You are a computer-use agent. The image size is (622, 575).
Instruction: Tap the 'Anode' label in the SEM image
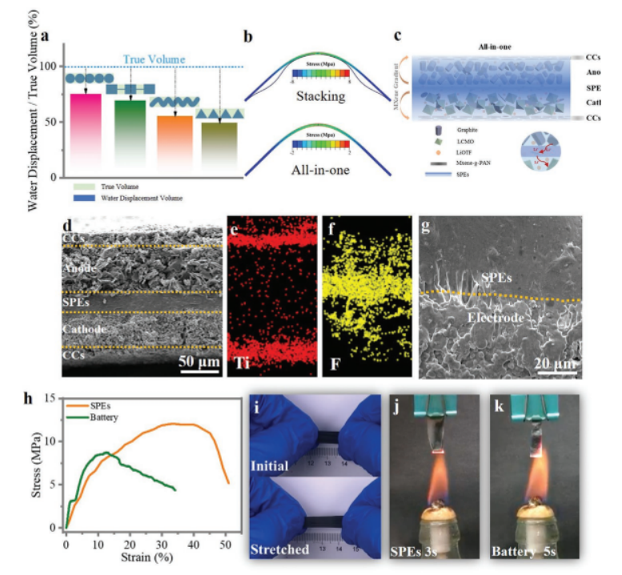pos(82,268)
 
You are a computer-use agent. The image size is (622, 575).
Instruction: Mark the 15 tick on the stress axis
pos(54,398)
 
